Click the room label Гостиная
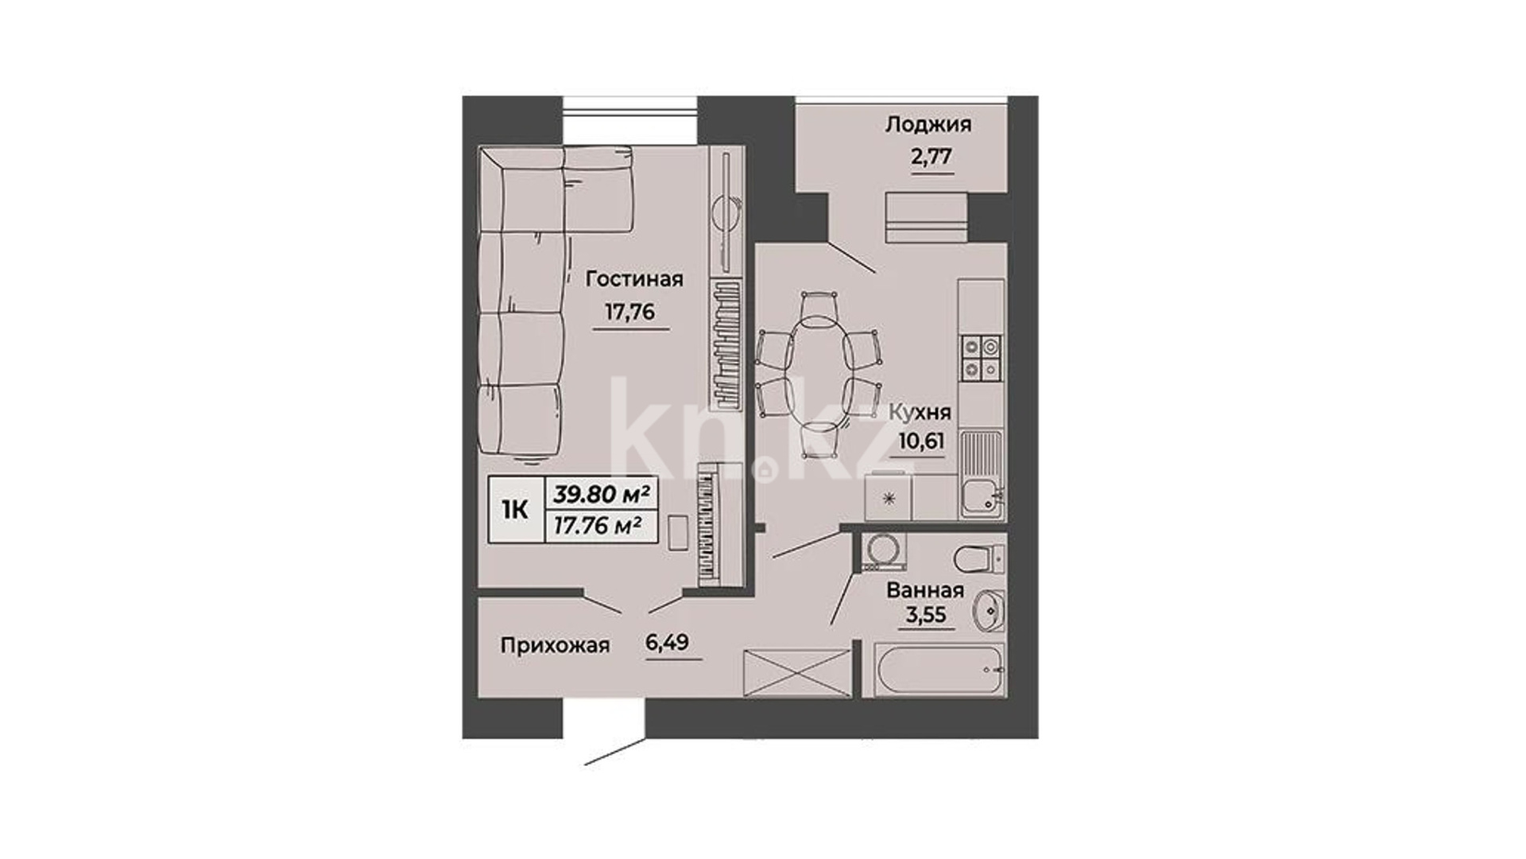634,279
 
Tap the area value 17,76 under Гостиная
629,312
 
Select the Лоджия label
928,125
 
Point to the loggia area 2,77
931,156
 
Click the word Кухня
920,413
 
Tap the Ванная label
925,590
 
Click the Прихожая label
555,646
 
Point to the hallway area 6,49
668,643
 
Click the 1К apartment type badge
515,510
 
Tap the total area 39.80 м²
602,495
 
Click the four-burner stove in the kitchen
982,358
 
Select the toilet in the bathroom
979,558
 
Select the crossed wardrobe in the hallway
796,673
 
